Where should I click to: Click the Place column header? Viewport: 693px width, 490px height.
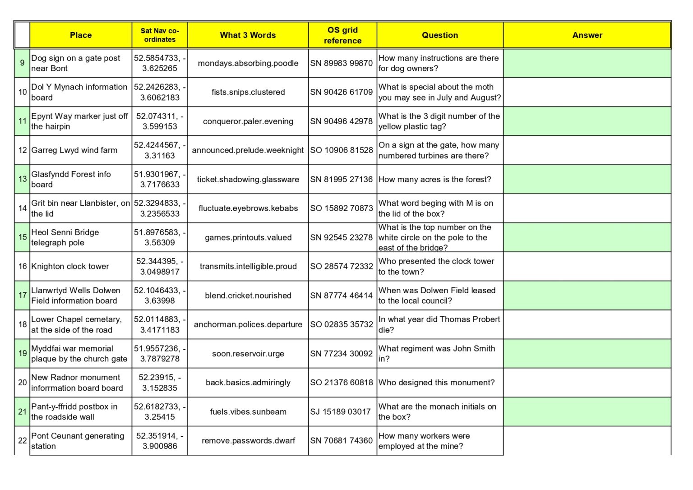click(x=81, y=35)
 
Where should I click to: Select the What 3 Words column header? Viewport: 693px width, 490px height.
click(x=248, y=35)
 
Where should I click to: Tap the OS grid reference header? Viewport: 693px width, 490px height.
click(x=342, y=35)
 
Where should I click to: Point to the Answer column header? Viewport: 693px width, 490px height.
click(x=587, y=35)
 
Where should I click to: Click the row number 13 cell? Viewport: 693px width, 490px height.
click(x=23, y=179)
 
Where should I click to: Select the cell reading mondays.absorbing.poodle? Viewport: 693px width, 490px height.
click(x=248, y=63)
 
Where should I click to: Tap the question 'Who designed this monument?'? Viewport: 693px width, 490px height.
click(x=437, y=383)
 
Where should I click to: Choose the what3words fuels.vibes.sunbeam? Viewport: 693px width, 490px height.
click(x=248, y=412)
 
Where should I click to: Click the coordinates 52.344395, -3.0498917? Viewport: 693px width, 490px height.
click(x=160, y=266)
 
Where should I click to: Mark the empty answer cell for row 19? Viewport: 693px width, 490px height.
click(x=587, y=353)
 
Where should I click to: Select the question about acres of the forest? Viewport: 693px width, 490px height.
click(x=435, y=179)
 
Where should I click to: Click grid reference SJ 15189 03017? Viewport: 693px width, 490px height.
click(x=340, y=412)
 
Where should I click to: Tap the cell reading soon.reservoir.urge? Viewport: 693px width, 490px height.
click(x=248, y=354)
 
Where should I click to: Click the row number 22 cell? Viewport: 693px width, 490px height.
click(x=23, y=441)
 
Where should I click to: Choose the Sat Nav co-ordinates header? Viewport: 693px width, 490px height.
click(x=160, y=35)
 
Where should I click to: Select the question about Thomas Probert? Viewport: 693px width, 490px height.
click(x=439, y=324)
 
